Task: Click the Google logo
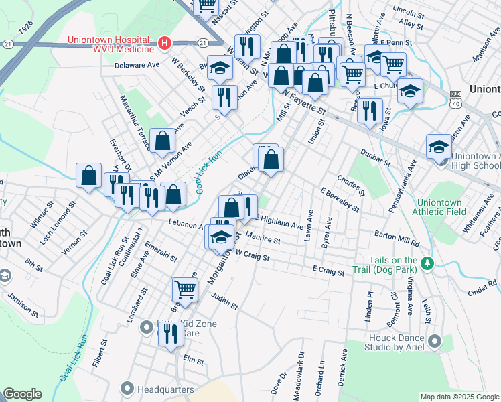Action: (22, 394)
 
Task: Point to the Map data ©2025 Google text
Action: (459, 397)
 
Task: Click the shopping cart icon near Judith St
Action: (185, 289)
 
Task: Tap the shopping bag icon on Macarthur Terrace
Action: (163, 141)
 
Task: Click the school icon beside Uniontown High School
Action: (439, 147)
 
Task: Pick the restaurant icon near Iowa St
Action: (369, 110)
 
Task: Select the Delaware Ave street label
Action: (137, 65)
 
